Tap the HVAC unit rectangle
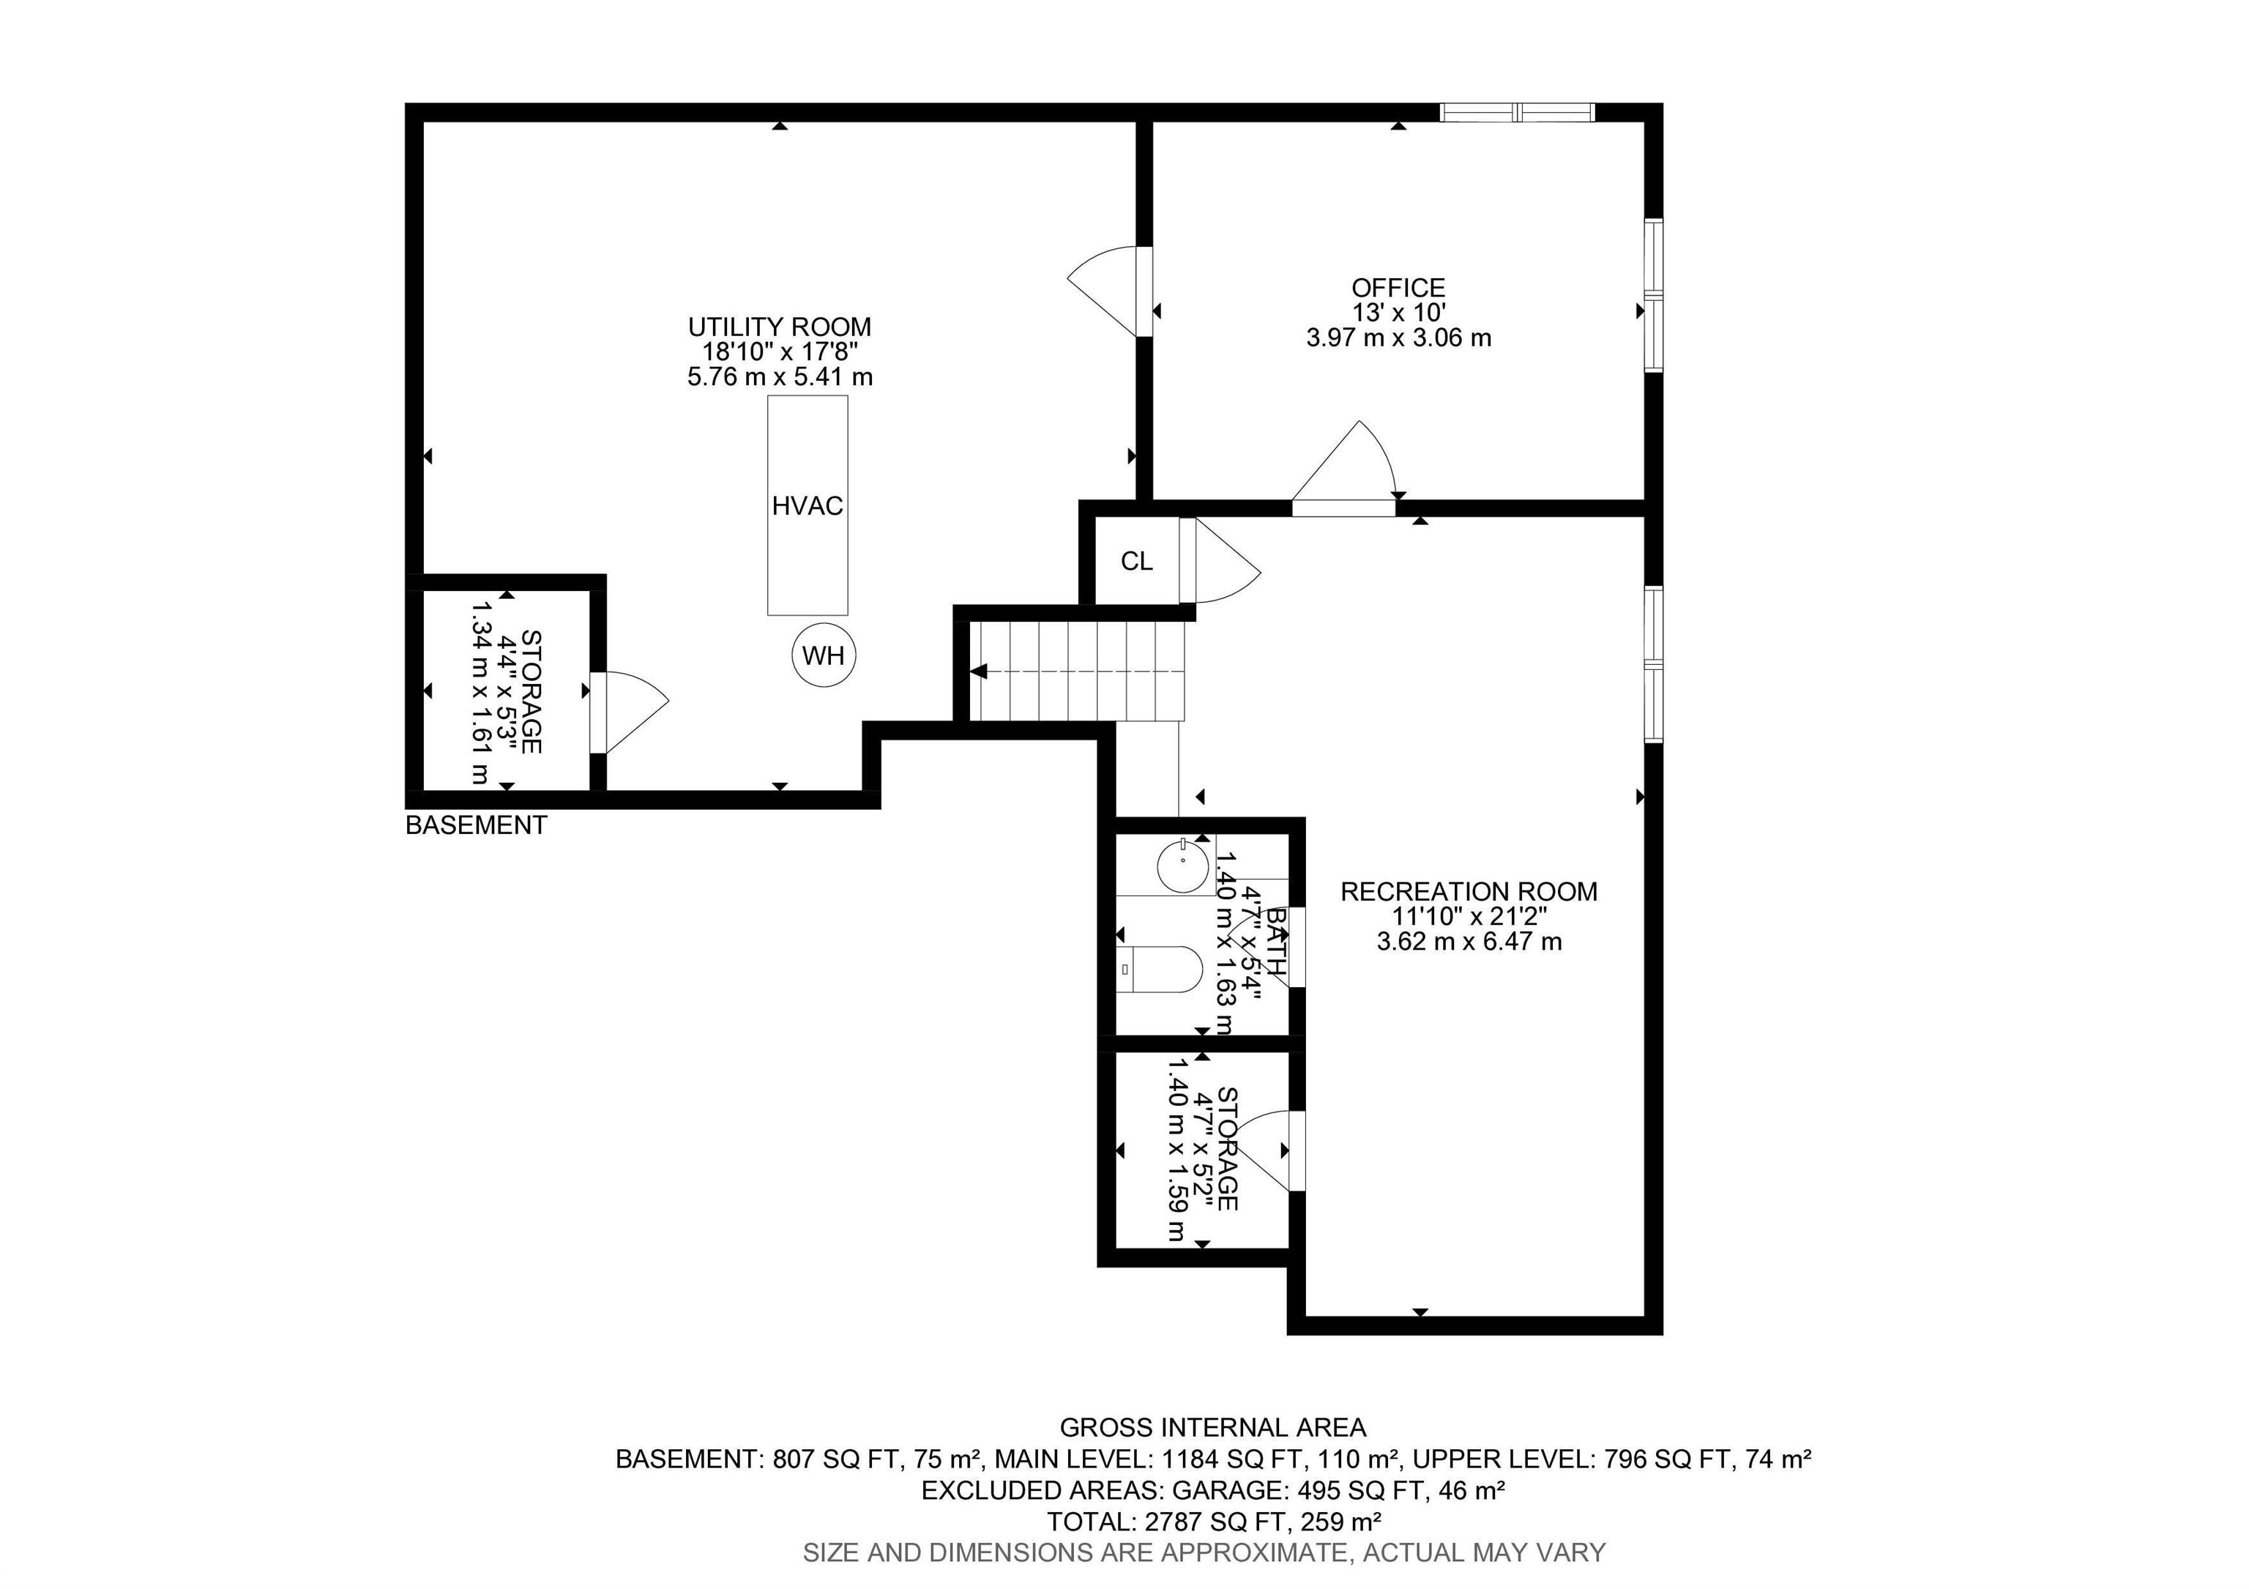[807, 505]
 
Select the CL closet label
[1136, 562]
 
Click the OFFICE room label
[1398, 288]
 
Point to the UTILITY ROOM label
[780, 327]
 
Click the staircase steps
[1078, 671]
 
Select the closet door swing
[1220, 560]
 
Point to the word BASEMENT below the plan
[476, 826]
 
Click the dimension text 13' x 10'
[1398, 313]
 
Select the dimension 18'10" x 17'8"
[780, 351]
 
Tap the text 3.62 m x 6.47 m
[1469, 942]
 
